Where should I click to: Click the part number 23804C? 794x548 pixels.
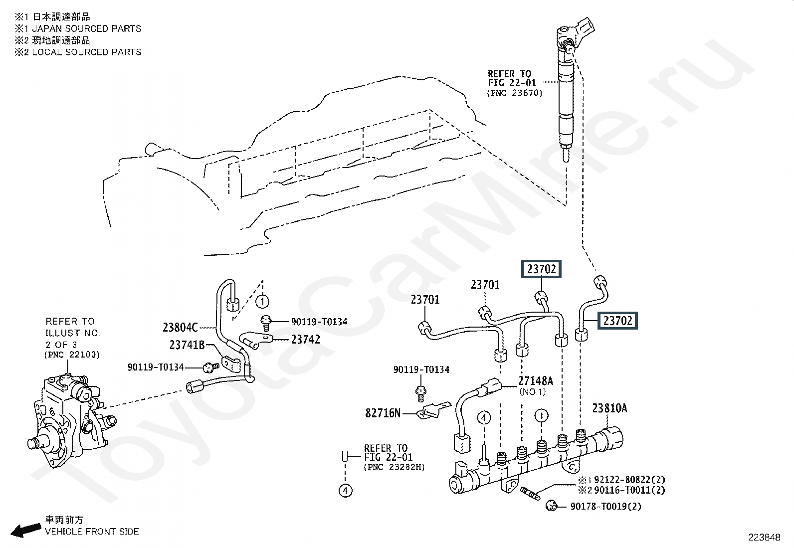pos(180,328)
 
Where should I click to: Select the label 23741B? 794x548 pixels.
pos(187,345)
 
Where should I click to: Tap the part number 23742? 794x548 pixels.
pos(306,340)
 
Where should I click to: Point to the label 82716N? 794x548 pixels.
pos(383,413)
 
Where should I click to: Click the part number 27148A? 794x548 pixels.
pos(536,380)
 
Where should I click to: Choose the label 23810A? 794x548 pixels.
pos(609,408)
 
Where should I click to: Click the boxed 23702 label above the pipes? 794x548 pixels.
pos(541,269)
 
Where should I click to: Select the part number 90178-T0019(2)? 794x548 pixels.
pos(606,506)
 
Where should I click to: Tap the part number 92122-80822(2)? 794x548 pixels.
pos(629,480)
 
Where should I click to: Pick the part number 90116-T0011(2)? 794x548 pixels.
pos(629,490)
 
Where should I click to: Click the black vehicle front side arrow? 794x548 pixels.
pos(26,530)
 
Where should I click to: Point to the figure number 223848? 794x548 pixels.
pos(764,538)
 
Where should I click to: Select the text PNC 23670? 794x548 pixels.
pos(515,93)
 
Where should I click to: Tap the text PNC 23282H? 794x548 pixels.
pos(394,467)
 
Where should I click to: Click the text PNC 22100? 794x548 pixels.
pos(72,355)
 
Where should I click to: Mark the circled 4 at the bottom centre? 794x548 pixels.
pos(346,491)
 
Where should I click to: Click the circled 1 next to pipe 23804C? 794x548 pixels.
pos(262,302)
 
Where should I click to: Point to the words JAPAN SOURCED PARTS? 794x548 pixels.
pos(86,28)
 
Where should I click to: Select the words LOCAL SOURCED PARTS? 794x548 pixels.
pos(86,52)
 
